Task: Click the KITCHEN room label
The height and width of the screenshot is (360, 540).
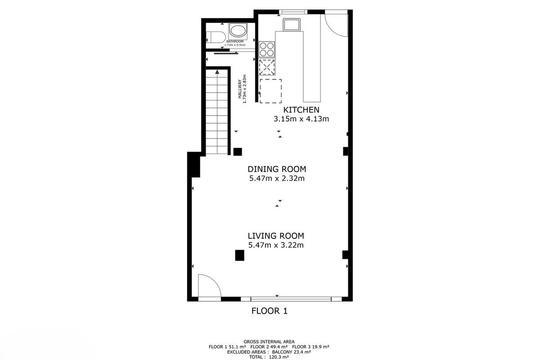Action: point(301,110)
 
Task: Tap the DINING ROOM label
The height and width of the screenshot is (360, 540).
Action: point(277,169)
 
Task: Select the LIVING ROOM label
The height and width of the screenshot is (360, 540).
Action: point(276,236)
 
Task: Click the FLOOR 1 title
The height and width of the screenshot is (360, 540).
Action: point(270,311)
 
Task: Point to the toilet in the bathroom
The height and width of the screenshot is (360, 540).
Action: point(216,37)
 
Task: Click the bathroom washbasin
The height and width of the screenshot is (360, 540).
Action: point(238,31)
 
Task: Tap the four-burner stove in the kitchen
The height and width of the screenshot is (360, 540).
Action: point(266,49)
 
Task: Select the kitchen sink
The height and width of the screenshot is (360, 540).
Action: point(292,25)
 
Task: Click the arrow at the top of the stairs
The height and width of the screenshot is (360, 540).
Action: point(217,72)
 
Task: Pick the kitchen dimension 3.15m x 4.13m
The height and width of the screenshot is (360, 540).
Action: point(301,119)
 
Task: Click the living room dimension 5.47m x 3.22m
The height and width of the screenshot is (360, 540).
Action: point(276,245)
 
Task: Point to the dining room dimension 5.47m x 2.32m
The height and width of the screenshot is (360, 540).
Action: point(277,179)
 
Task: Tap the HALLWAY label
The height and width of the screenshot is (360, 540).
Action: point(240,89)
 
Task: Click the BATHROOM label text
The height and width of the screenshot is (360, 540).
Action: point(235,41)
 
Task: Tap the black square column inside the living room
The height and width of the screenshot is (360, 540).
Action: point(239,255)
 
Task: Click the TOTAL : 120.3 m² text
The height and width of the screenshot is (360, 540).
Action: point(269,357)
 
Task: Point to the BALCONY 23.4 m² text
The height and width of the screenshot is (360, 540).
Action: point(292,352)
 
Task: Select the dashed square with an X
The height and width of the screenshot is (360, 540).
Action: point(267,67)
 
